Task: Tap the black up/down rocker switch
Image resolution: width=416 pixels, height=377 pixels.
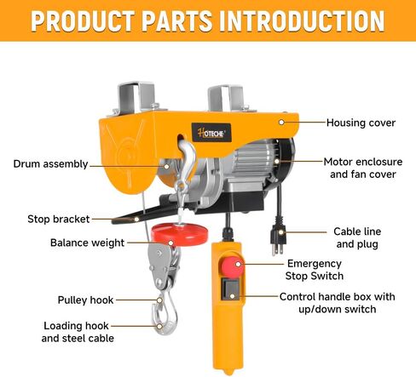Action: click(231, 289)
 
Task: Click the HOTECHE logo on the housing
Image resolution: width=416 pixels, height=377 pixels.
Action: click(211, 133)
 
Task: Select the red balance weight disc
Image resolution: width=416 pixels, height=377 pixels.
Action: click(179, 234)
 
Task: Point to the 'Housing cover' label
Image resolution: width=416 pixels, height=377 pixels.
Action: click(361, 123)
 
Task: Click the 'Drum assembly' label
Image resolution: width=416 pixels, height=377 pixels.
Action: click(50, 164)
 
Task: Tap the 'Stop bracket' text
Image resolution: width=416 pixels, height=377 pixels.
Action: click(59, 219)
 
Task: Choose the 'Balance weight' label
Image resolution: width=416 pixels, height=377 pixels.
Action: click(87, 243)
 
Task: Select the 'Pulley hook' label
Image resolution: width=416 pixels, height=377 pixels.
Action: click(85, 300)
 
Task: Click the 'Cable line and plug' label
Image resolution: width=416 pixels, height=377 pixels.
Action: click(357, 237)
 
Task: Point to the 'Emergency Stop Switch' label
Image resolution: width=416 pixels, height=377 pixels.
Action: click(315, 270)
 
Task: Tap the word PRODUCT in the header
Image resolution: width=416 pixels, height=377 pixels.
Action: click(83, 21)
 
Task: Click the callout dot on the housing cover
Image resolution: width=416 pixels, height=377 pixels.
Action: click(281, 123)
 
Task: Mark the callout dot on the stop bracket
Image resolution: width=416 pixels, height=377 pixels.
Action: click(136, 219)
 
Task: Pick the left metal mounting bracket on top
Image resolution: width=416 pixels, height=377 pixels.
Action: click(136, 98)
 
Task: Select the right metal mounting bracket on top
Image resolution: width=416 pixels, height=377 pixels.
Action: click(226, 99)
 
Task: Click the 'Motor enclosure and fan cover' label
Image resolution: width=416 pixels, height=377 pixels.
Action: click(363, 168)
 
